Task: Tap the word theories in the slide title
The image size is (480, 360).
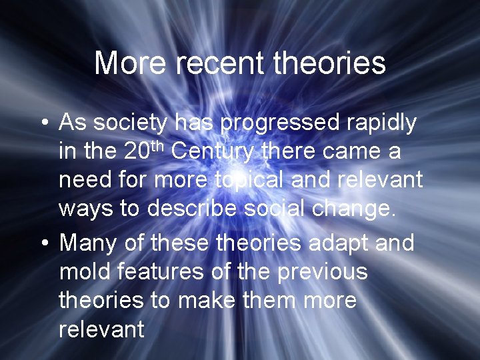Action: pyautogui.click(x=329, y=63)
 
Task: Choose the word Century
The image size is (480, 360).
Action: pyautogui.click(x=213, y=153)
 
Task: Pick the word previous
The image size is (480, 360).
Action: pyautogui.click(x=318, y=272)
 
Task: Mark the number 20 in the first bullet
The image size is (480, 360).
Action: pyautogui.click(x=137, y=153)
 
